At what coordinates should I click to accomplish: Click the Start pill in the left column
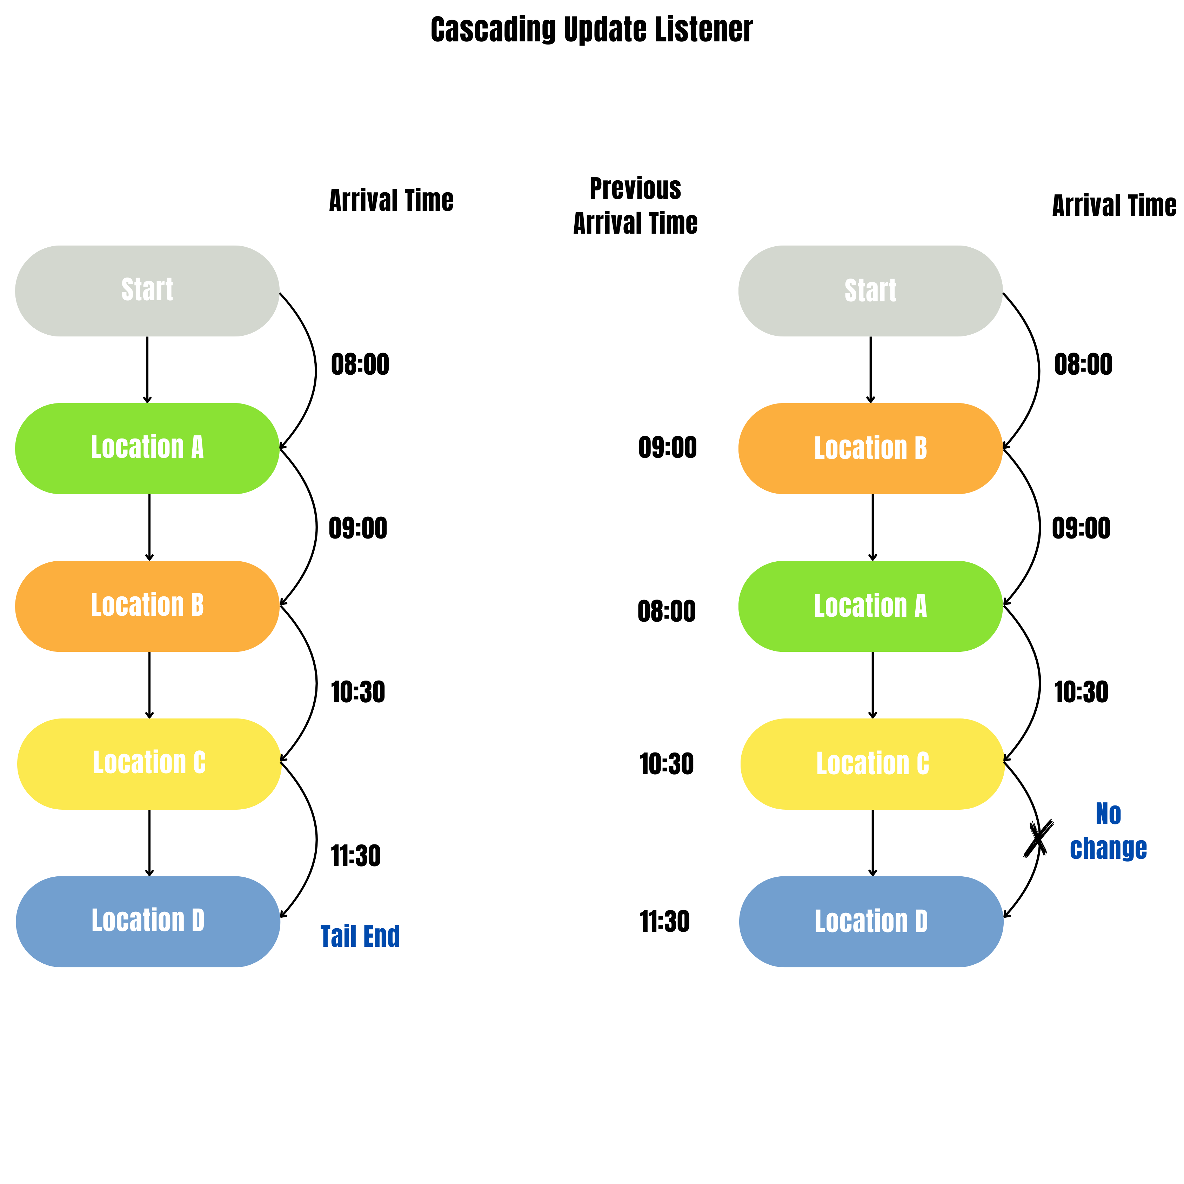point(147,290)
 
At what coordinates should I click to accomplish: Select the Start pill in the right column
point(870,290)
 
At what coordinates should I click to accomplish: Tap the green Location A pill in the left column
point(147,448)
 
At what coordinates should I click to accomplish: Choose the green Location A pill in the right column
point(870,606)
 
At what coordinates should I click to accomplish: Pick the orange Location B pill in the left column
point(147,606)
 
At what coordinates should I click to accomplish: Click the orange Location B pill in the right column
point(870,448)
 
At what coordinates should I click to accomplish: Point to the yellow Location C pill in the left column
point(149,764)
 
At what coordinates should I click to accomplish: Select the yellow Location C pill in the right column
point(872,764)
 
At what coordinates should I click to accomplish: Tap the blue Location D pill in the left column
point(148,921)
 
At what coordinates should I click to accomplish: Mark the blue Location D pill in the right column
point(871,921)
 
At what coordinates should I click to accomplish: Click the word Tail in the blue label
point(338,936)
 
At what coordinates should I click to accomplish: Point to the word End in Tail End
point(381,936)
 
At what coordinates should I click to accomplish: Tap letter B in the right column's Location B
point(921,448)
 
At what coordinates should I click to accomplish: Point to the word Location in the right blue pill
point(861,921)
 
